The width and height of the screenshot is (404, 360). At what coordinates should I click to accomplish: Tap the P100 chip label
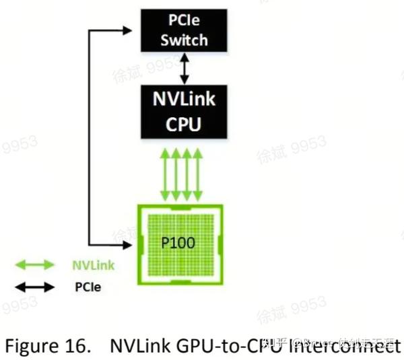(178, 242)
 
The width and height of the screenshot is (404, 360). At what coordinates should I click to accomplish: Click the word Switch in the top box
(184, 40)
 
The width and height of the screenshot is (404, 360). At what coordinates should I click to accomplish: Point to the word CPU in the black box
(184, 125)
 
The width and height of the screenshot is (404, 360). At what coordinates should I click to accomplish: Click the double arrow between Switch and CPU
(184, 69)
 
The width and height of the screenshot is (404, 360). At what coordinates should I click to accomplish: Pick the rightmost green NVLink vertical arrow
(198, 174)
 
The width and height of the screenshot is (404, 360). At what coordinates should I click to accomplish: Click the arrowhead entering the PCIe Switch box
(131, 29)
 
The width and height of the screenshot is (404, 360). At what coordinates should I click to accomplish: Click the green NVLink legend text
(93, 265)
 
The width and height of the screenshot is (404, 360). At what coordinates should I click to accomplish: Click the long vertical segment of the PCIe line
(90, 135)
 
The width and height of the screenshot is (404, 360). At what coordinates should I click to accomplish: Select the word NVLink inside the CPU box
(184, 99)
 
